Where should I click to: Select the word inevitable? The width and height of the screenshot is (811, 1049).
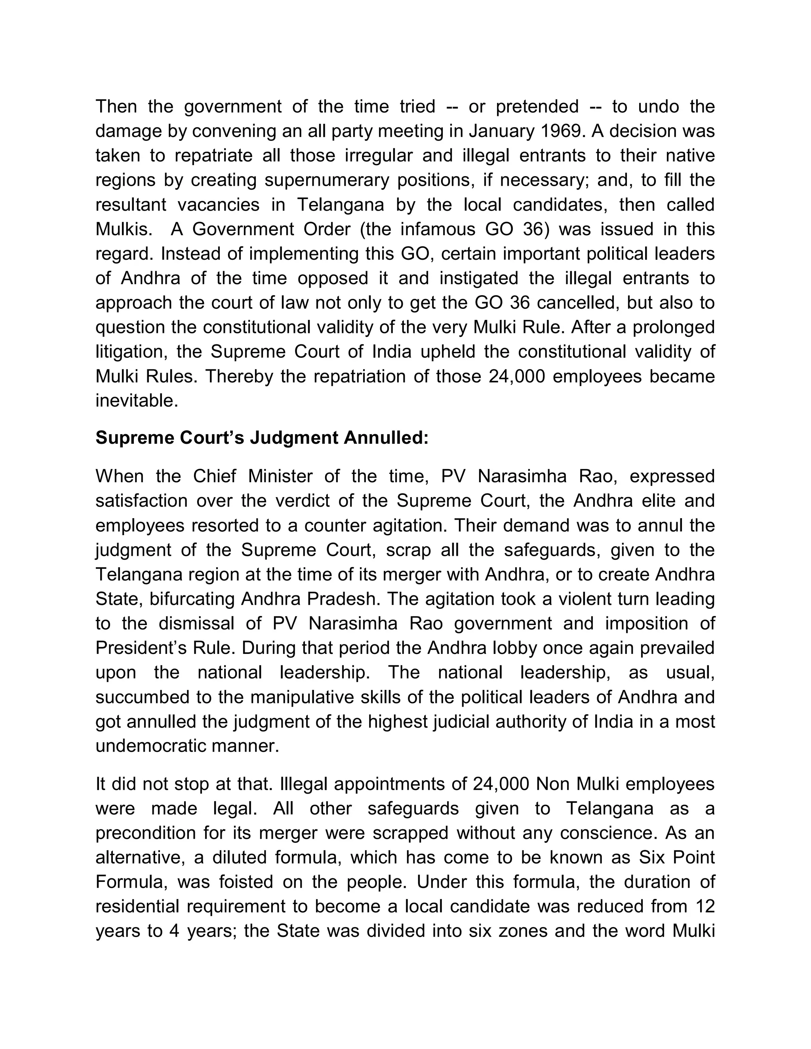[137, 401]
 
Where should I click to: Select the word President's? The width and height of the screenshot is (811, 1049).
[140, 648]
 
